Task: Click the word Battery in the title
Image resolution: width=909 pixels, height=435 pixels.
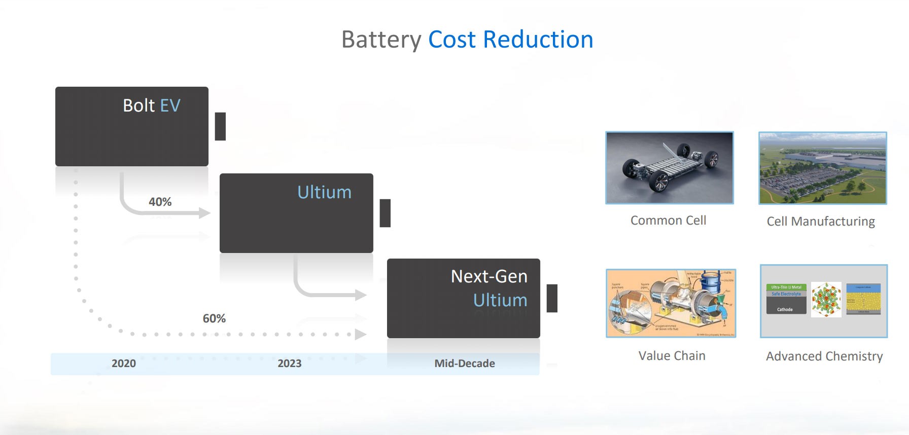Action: tap(381, 40)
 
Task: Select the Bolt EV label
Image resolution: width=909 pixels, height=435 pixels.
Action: tap(151, 105)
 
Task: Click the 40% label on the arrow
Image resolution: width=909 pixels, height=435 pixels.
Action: tap(160, 202)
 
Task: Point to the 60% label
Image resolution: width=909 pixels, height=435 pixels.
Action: tap(214, 318)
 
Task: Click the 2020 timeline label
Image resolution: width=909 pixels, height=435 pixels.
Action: tap(124, 364)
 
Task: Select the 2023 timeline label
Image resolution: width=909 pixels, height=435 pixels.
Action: tap(289, 364)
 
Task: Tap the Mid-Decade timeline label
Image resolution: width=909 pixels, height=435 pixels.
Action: tap(464, 364)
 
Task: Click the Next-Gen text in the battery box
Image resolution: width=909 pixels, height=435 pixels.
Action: tap(489, 276)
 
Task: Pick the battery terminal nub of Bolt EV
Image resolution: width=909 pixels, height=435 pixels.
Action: tap(220, 126)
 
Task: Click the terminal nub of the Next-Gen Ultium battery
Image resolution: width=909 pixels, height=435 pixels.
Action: tap(552, 298)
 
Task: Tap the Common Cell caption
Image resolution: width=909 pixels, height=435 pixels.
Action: tap(668, 221)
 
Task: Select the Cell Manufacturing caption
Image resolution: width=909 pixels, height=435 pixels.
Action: tap(821, 222)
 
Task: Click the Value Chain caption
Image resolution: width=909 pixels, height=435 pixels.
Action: tap(672, 356)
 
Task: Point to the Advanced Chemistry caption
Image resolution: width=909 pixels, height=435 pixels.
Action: tap(824, 356)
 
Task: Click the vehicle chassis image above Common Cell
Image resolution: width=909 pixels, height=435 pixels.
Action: tap(670, 168)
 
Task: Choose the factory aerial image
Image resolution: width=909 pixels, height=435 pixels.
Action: tap(822, 168)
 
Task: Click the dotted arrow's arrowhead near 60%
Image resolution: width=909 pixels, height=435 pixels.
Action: tap(360, 335)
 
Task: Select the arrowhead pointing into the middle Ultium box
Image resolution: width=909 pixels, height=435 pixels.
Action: tap(205, 213)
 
